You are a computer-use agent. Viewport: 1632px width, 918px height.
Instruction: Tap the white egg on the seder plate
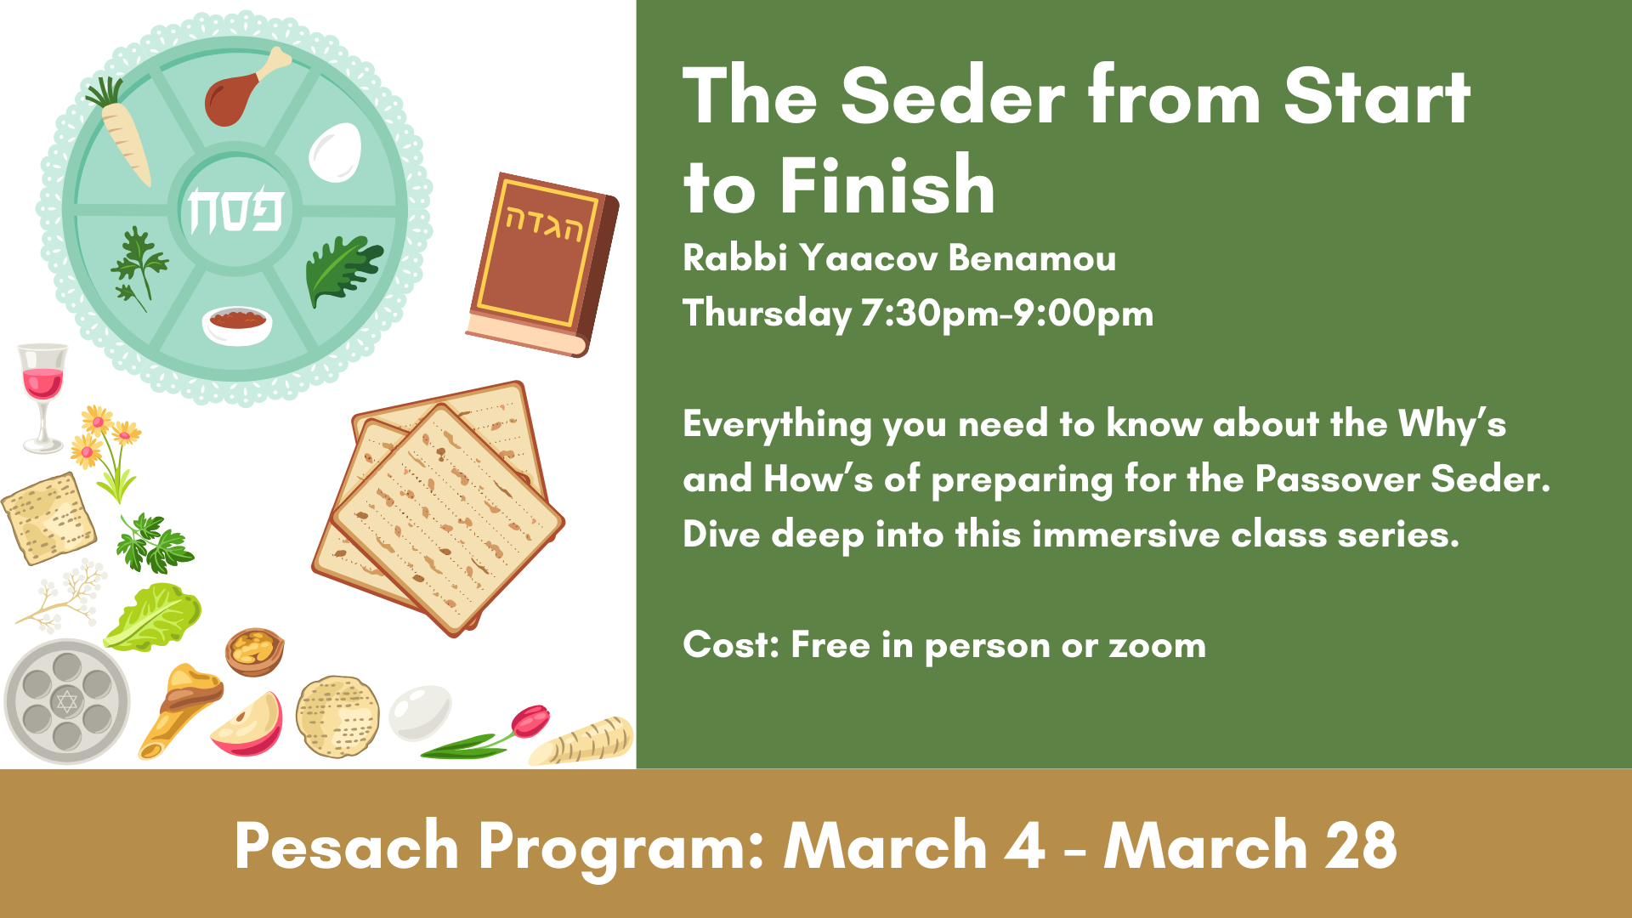pos(335,152)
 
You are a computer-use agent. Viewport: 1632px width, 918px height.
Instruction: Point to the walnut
pos(254,651)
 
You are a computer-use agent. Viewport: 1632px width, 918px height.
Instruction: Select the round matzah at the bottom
pos(337,717)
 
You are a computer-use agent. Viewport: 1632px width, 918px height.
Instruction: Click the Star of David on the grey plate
pos(66,702)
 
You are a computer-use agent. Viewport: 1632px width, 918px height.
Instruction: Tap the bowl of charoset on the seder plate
pos(237,324)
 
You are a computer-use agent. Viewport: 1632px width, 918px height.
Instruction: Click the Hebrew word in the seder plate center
pos(235,210)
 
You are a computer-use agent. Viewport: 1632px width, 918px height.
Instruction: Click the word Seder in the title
pos(952,98)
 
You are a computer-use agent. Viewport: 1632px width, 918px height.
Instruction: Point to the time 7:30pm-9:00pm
pos(1006,314)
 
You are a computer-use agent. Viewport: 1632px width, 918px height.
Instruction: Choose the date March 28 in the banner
pos(1250,846)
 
